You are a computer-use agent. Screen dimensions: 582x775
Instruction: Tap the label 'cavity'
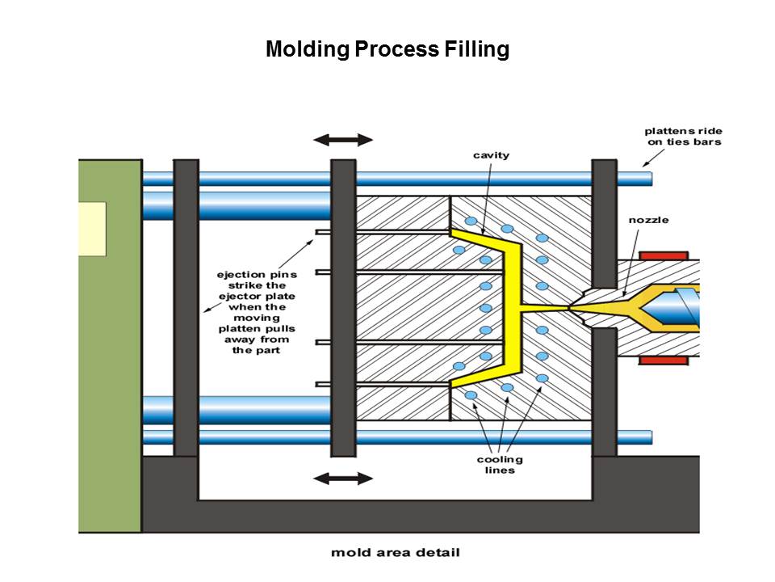(x=491, y=155)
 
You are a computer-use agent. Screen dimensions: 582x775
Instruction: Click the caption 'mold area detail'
(x=396, y=553)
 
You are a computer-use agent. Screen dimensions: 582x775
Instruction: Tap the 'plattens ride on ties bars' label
(x=683, y=137)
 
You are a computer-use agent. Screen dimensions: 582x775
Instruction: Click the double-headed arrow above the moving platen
(x=343, y=140)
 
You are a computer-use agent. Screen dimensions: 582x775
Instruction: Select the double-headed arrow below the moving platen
(x=343, y=478)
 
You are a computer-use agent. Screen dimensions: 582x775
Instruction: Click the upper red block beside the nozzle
(x=668, y=256)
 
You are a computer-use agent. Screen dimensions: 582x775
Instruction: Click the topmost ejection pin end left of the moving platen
(x=323, y=234)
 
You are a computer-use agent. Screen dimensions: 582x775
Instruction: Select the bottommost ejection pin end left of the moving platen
(x=323, y=383)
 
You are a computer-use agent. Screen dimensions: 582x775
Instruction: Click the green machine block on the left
(x=110, y=364)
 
